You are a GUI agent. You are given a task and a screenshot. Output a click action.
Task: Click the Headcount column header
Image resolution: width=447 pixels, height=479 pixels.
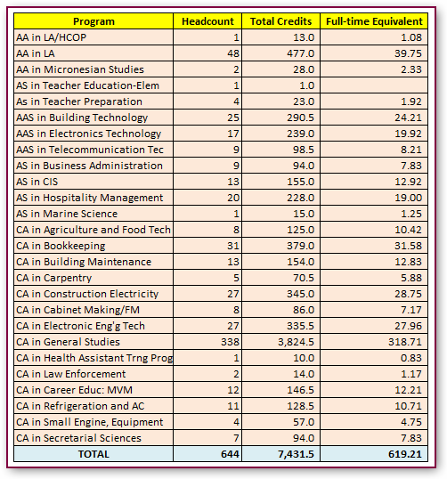(207, 21)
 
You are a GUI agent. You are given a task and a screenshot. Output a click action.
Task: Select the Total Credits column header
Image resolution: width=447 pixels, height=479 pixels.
(280, 21)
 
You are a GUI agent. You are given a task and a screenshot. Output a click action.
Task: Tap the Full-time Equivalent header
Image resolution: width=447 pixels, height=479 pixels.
(374, 21)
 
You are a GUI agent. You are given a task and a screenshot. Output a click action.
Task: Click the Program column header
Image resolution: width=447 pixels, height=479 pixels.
(93, 21)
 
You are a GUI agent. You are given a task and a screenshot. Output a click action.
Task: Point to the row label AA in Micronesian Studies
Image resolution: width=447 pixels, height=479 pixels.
(80, 69)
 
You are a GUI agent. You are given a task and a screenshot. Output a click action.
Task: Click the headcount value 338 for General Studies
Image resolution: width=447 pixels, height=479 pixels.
(230, 342)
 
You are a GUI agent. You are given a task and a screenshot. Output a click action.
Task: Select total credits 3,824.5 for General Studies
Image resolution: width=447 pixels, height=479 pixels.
(296, 342)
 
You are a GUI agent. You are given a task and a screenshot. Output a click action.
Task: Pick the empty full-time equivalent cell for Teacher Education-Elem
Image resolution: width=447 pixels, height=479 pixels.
(374, 85)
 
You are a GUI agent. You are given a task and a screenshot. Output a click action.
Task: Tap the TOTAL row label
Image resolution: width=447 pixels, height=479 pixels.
(93, 454)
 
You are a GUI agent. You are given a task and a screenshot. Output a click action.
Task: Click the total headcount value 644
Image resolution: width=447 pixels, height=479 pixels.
(230, 454)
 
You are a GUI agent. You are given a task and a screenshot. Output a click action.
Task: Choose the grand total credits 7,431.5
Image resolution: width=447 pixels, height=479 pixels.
(296, 454)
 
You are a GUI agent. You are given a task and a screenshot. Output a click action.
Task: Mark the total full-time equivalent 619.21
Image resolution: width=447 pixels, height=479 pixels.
(405, 454)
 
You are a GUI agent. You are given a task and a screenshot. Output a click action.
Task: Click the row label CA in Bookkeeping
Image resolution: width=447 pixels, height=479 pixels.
(61, 246)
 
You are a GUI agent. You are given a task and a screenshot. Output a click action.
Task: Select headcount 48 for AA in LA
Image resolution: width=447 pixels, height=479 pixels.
(233, 53)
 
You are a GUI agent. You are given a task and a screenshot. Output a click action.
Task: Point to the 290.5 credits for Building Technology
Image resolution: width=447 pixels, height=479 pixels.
(300, 118)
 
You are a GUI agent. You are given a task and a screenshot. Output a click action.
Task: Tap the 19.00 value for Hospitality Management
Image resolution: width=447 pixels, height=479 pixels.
(408, 198)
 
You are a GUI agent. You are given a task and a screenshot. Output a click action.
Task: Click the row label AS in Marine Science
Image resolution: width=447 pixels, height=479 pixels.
(67, 214)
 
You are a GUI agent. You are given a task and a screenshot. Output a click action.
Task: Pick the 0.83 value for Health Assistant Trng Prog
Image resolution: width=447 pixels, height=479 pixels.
(411, 358)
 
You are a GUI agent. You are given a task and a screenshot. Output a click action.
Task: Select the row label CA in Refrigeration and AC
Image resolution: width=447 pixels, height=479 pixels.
(80, 406)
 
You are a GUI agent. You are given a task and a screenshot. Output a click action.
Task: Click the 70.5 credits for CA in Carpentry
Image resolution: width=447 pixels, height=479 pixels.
(304, 278)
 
